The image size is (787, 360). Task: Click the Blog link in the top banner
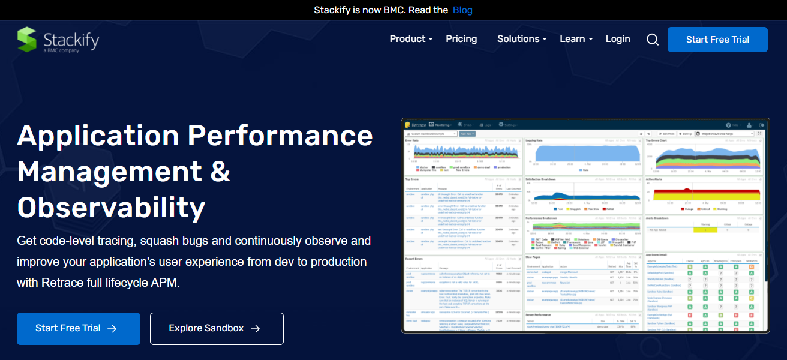[462, 10]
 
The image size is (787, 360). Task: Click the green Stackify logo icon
[27, 40]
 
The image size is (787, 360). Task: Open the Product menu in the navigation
[411, 39]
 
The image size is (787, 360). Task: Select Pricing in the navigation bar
[461, 39]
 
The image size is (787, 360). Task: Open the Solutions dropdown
[522, 39]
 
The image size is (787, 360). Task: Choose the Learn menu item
[576, 39]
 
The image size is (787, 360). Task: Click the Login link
[618, 39]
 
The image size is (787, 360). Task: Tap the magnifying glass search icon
[653, 40]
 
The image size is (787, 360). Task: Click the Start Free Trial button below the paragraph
[78, 328]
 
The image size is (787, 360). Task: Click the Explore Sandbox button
[216, 328]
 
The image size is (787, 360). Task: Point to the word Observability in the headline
[111, 208]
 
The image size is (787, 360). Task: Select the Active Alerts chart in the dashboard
[703, 195]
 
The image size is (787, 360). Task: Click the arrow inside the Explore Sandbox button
[256, 328]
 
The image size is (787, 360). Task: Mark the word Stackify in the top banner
[334, 10]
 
